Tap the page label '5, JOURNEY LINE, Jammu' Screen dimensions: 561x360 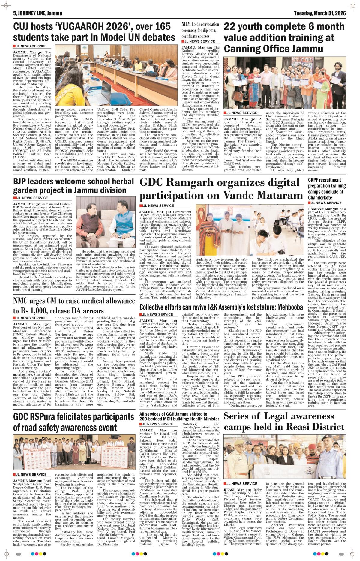pos(36,13)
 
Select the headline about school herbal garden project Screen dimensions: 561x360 pos(73,186)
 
